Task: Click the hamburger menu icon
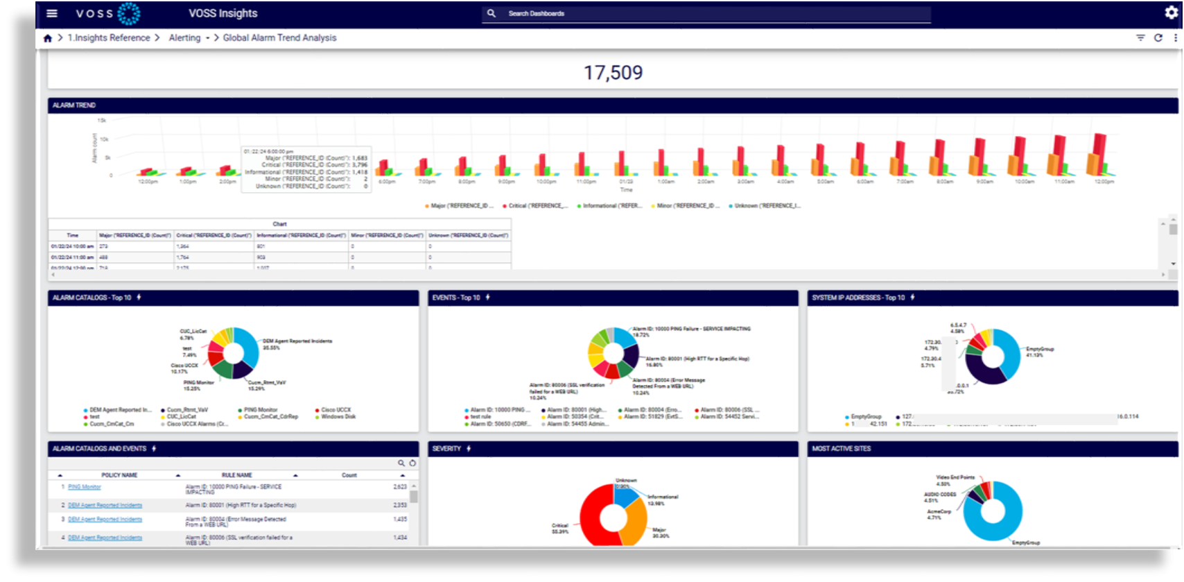click(x=52, y=13)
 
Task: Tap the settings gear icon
click(x=1171, y=12)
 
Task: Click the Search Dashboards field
click(x=707, y=13)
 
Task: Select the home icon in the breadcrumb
click(x=47, y=38)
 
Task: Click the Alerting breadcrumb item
click(x=184, y=38)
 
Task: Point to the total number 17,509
click(x=613, y=72)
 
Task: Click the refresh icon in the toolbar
click(x=1158, y=38)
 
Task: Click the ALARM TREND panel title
click(x=74, y=105)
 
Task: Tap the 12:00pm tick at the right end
click(x=1104, y=182)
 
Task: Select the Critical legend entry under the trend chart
click(x=537, y=206)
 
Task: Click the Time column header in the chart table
click(x=72, y=235)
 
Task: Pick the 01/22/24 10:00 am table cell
click(x=72, y=246)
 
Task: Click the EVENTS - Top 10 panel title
click(x=456, y=298)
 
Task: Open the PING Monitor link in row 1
click(x=85, y=487)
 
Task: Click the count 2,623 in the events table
click(x=400, y=487)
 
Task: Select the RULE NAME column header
click(x=236, y=475)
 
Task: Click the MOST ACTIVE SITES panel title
click(x=841, y=449)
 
